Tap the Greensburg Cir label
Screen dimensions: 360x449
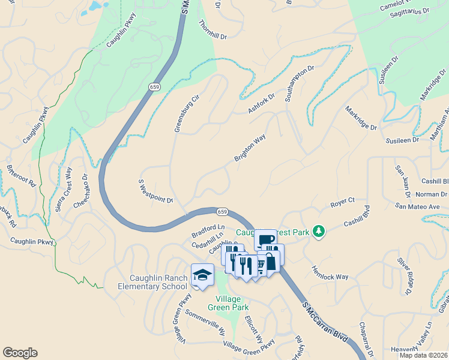pos(186,113)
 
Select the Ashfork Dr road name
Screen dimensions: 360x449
pos(261,103)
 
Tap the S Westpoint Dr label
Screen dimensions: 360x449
pos(156,191)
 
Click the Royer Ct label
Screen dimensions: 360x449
pos(343,203)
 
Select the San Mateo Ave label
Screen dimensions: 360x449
pos(418,206)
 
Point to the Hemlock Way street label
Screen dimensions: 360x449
pos(330,273)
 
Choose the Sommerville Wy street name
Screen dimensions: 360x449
pos(205,322)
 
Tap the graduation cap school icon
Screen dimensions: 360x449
pos(202,275)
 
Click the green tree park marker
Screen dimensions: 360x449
pos(319,231)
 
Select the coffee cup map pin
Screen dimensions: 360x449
pos(265,239)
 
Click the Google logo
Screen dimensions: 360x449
pos(20,353)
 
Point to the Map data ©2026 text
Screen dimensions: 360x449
pos(423,355)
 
